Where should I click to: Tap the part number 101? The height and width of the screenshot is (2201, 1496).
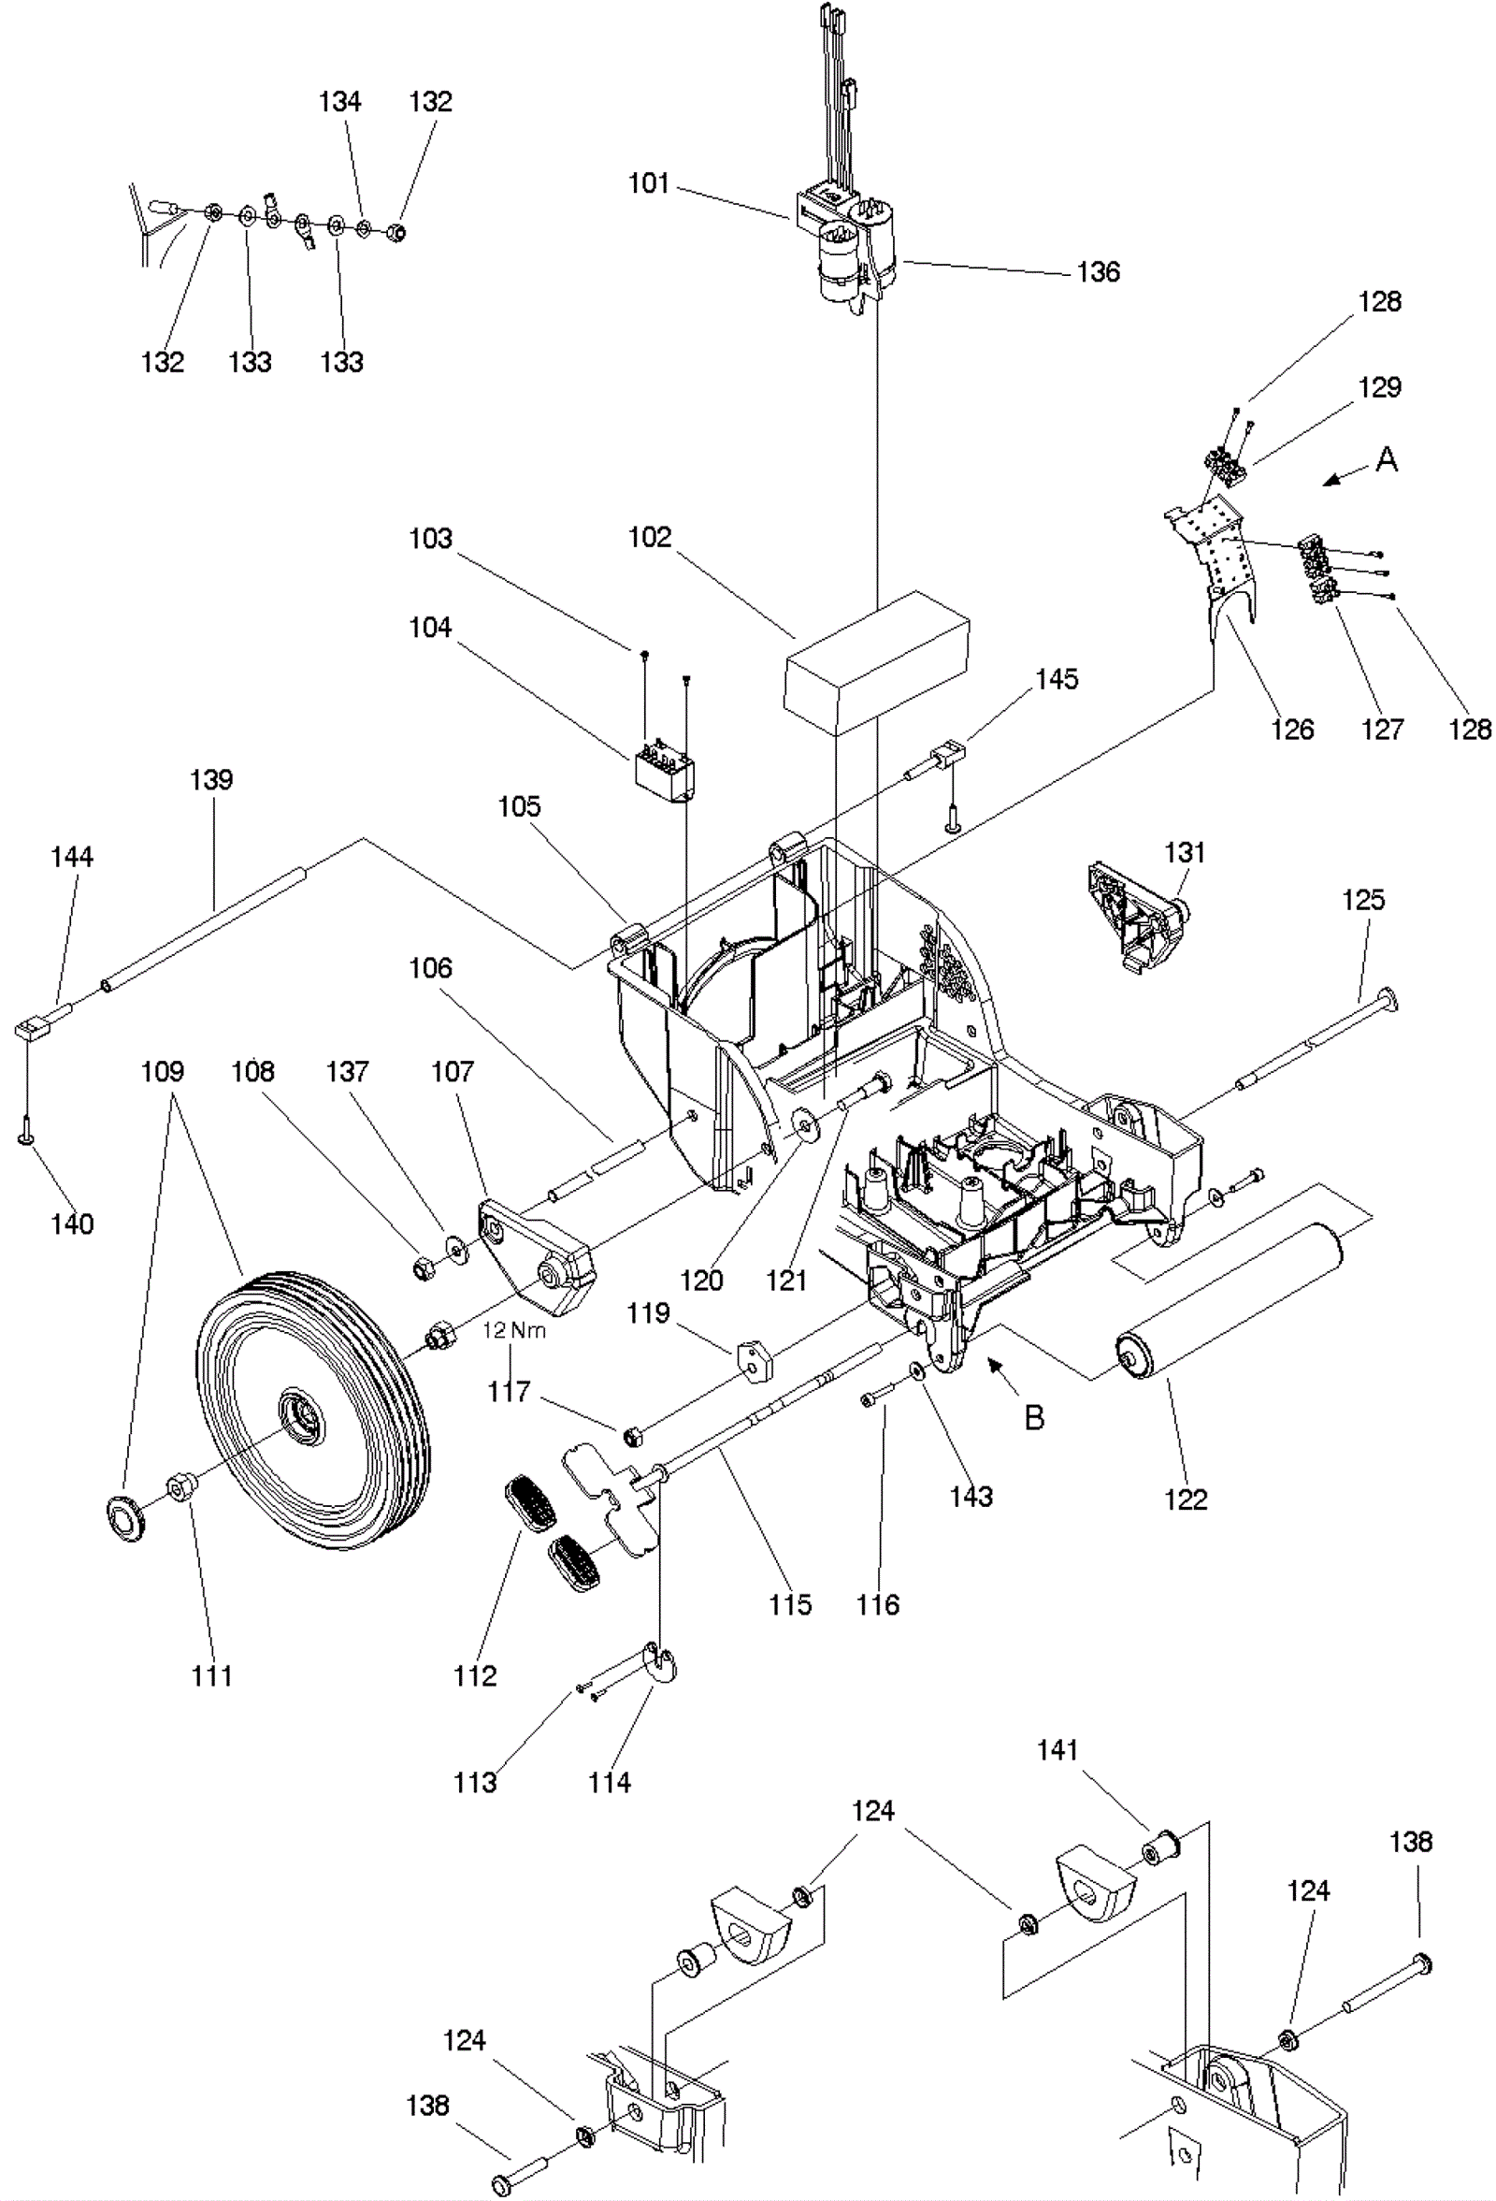tap(649, 182)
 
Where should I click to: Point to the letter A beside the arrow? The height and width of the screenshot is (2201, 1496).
tap(1387, 460)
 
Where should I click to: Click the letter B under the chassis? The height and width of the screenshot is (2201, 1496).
tap(1035, 1417)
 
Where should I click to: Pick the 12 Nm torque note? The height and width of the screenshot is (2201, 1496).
tap(514, 1330)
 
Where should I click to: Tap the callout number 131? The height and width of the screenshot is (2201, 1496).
tap(1185, 852)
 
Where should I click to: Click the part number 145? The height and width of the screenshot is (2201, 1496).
tap(1057, 679)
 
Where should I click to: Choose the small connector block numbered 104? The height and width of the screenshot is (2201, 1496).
tap(664, 770)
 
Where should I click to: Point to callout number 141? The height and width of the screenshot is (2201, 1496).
tap(1057, 1750)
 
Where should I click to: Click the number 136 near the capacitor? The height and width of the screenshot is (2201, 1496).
tap(1098, 272)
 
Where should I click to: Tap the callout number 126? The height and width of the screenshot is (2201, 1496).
tap(1292, 730)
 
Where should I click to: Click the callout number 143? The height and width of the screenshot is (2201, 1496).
tap(971, 1497)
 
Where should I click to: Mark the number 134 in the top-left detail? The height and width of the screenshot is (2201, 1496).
tap(340, 101)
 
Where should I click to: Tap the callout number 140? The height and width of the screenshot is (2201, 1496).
tap(72, 1224)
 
